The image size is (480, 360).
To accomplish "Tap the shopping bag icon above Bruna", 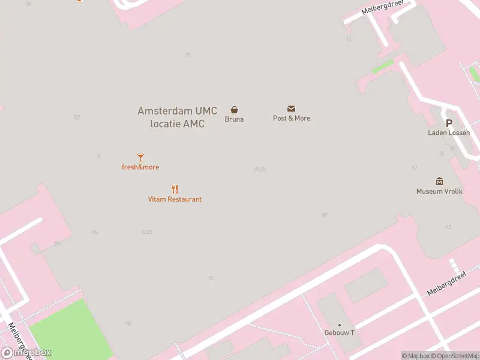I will [234, 110].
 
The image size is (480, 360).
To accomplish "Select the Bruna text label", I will [234, 119].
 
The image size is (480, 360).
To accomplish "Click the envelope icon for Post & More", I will [292, 109].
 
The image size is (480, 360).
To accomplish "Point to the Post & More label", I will [292, 118].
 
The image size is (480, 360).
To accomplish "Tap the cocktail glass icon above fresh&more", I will [140, 158].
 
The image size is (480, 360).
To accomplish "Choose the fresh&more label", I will [140, 167].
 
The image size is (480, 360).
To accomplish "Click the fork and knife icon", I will [175, 189].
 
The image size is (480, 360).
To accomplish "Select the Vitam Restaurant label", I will [175, 199].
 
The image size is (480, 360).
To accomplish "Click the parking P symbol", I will [449, 123].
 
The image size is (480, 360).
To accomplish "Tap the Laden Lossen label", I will [449, 133].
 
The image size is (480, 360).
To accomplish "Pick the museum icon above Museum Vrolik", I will [439, 181].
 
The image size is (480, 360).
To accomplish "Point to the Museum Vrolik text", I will [439, 191].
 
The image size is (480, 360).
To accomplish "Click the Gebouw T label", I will [340, 333].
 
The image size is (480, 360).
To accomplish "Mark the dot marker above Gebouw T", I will [340, 325].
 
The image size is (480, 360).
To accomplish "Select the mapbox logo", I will [26, 353].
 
